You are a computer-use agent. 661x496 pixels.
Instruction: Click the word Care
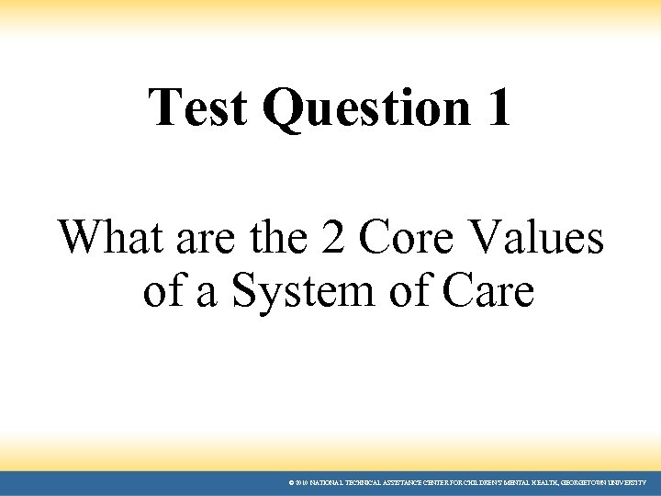coord(487,291)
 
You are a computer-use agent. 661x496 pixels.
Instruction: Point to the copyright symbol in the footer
coord(291,482)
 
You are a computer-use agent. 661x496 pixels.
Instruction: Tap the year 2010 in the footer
coord(300,482)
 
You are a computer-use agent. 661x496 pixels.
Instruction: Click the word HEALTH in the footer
coord(534,482)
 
